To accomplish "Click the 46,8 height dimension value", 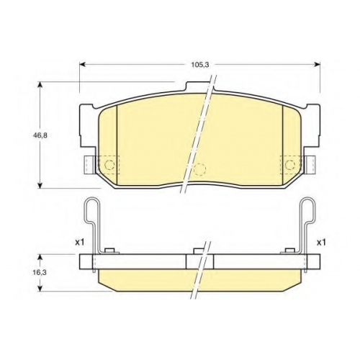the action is [x=40, y=135].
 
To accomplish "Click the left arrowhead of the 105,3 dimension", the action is [x=82, y=64].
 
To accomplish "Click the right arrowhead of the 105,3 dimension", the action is [x=318, y=64].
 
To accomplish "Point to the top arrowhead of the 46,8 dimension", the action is [x=40, y=85].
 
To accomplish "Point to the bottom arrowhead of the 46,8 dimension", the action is [x=40, y=185].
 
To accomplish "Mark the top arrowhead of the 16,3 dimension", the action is [x=40, y=257].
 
